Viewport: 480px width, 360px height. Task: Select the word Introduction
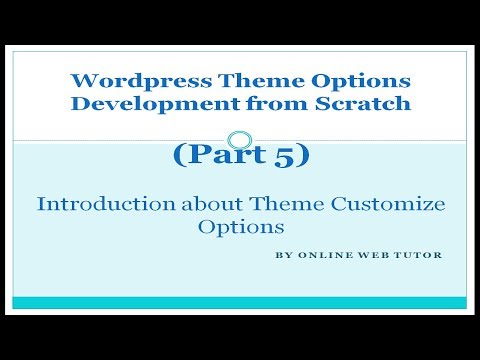[97, 204]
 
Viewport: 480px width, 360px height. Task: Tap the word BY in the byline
[281, 254]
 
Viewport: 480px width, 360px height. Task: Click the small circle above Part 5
[239, 140]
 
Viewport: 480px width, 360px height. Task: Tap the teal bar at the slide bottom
[240, 302]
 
